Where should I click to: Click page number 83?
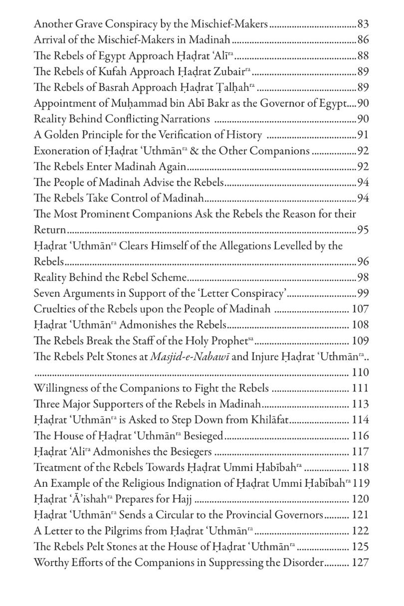click(363, 23)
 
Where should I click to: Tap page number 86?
click(363, 39)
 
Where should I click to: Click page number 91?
click(363, 136)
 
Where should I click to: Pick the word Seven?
click(46, 294)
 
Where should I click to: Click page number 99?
click(363, 294)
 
